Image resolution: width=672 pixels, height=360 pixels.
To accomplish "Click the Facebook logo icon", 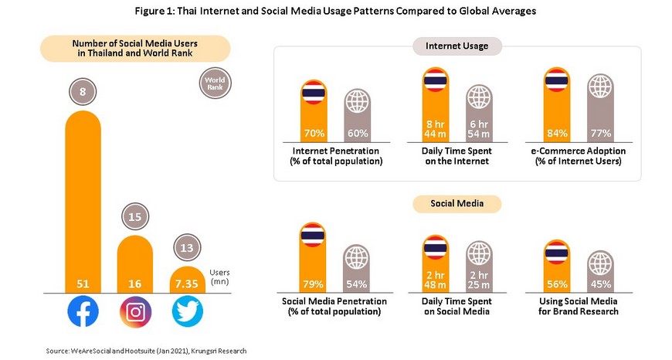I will (83, 312).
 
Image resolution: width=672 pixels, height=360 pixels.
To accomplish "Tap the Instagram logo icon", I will (135, 312).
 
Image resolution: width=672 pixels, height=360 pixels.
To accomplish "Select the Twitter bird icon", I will (187, 312).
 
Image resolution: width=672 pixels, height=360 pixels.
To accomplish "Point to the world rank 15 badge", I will (135, 217).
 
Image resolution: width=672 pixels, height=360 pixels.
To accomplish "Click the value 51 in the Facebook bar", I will (83, 284).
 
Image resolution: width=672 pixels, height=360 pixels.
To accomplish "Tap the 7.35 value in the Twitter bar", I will (186, 284).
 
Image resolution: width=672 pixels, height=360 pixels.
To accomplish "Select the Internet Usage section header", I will (457, 46).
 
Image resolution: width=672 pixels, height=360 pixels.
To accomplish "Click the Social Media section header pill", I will (457, 204).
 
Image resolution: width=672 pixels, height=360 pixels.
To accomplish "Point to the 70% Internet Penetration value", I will (312, 133).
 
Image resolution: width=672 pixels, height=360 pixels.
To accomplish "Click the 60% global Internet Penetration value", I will (357, 133).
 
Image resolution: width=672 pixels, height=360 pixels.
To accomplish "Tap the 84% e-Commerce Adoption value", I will (556, 133).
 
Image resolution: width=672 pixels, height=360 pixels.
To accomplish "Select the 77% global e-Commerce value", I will (600, 133).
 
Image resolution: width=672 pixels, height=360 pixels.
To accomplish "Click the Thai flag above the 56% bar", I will (556, 252).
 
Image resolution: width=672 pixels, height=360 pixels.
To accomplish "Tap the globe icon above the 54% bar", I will (357, 258).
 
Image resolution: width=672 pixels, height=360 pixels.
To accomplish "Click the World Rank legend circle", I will (216, 83).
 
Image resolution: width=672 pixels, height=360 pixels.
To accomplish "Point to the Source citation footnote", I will (146, 351).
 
